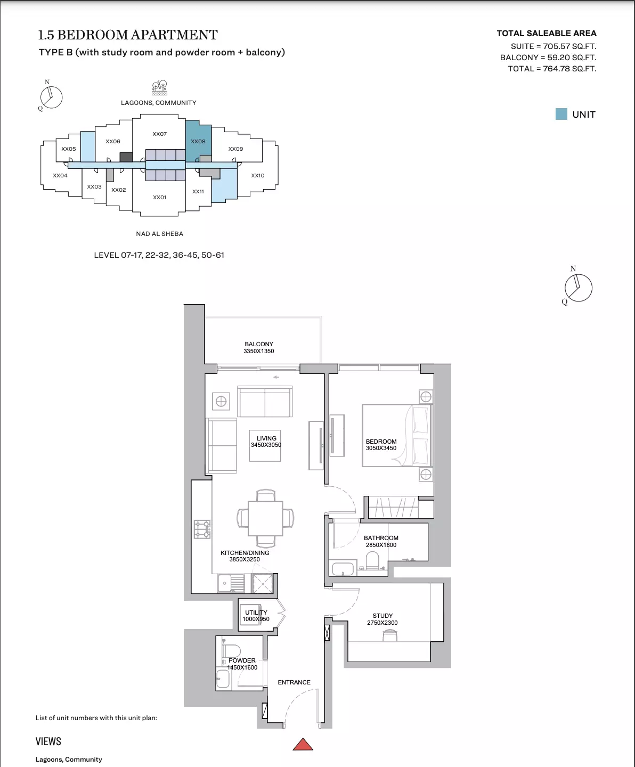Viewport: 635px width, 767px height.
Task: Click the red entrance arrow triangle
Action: pos(303,745)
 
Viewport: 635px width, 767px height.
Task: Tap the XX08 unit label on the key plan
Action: pos(198,142)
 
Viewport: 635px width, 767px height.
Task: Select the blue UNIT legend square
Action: pos(561,114)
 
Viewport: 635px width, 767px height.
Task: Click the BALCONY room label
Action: pos(259,344)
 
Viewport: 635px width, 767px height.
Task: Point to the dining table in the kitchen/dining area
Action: pos(265,518)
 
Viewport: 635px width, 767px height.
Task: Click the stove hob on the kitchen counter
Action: pos(202,529)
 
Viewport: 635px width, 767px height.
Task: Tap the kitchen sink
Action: pos(231,583)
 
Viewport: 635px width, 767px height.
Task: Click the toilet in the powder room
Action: pos(231,650)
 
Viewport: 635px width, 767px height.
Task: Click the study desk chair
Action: pos(390,635)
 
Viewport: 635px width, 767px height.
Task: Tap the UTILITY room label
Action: pos(256,613)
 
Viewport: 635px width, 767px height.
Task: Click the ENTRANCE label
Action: pos(294,682)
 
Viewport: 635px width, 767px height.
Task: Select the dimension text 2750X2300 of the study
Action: pos(382,623)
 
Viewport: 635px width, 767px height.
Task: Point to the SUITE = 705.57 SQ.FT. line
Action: pos(553,46)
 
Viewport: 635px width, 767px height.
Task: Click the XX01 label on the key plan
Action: pos(159,197)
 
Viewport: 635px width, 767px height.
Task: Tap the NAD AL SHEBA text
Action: pos(159,234)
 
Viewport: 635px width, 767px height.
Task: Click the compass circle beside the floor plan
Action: pos(579,288)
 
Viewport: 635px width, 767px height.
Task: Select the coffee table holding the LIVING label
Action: pos(265,446)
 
